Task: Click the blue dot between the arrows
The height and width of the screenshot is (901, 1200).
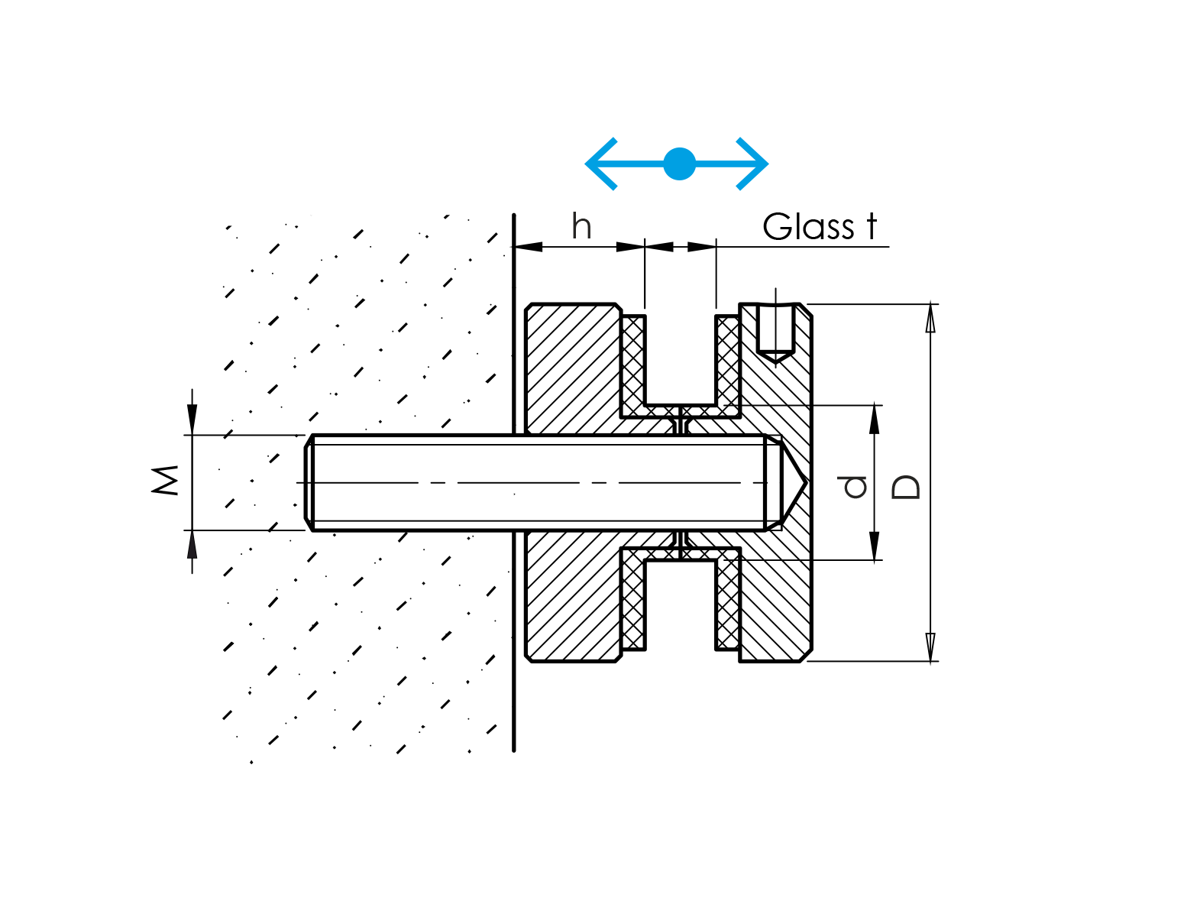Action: [x=679, y=164]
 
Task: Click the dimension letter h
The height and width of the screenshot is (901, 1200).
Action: [x=581, y=226]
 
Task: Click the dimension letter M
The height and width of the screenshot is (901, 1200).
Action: [x=166, y=481]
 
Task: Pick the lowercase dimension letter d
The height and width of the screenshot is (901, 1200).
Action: [x=854, y=486]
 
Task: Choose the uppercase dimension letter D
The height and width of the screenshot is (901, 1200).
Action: [x=907, y=487]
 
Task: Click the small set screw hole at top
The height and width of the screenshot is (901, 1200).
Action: [x=775, y=330]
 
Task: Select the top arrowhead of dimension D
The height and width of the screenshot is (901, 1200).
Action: [x=930, y=317]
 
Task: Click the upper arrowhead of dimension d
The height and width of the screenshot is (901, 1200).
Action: [x=875, y=418]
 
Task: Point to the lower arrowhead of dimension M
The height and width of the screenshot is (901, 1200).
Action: [x=192, y=544]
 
